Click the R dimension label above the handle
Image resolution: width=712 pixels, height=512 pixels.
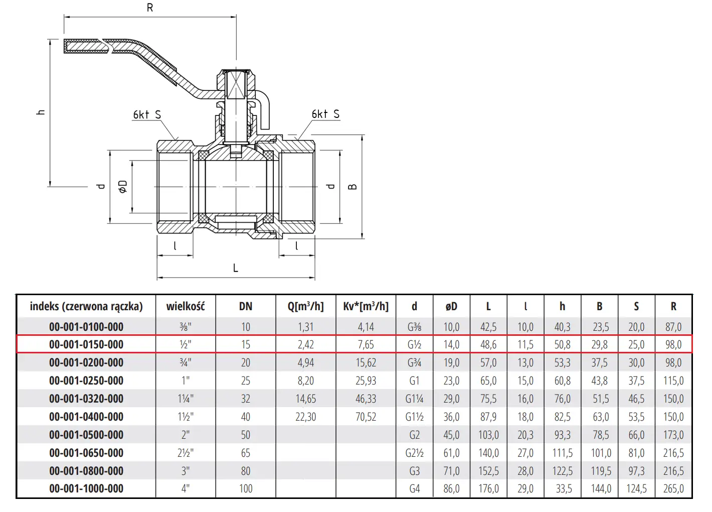pyautogui.click(x=150, y=8)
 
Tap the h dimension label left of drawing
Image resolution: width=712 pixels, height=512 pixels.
pyautogui.click(x=41, y=112)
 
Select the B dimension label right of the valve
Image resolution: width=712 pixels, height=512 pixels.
pyautogui.click(x=353, y=187)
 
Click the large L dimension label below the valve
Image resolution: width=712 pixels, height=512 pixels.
pyautogui.click(x=236, y=268)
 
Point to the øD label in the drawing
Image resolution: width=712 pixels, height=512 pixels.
pyautogui.click(x=123, y=186)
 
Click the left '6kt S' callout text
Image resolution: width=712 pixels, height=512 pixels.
pyautogui.click(x=147, y=114)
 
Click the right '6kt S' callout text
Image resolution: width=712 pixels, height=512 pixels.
pyautogui.click(x=325, y=114)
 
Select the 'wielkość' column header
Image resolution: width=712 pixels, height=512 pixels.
pyautogui.click(x=186, y=306)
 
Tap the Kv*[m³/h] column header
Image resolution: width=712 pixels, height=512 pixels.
pyautogui.click(x=366, y=306)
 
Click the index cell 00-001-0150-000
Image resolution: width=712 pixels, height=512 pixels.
pyautogui.click(x=86, y=344)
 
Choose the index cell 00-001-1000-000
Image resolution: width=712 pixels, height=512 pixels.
pyautogui.click(x=86, y=488)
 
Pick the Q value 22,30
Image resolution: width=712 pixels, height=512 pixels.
pyautogui.click(x=306, y=417)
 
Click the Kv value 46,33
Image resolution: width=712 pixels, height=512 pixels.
pyautogui.click(x=366, y=399)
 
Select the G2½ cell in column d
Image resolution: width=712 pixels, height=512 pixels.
pyautogui.click(x=415, y=452)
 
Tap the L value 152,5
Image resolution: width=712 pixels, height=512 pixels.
pyautogui.click(x=488, y=471)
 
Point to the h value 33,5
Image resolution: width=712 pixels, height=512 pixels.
pyautogui.click(x=564, y=488)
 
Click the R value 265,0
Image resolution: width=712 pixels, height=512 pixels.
pyautogui.click(x=673, y=488)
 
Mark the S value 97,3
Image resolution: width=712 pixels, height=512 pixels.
pyautogui.click(x=636, y=471)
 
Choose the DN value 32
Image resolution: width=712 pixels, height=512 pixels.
pyautogui.click(x=246, y=399)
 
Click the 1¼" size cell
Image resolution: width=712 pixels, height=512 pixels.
pyautogui.click(x=186, y=399)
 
